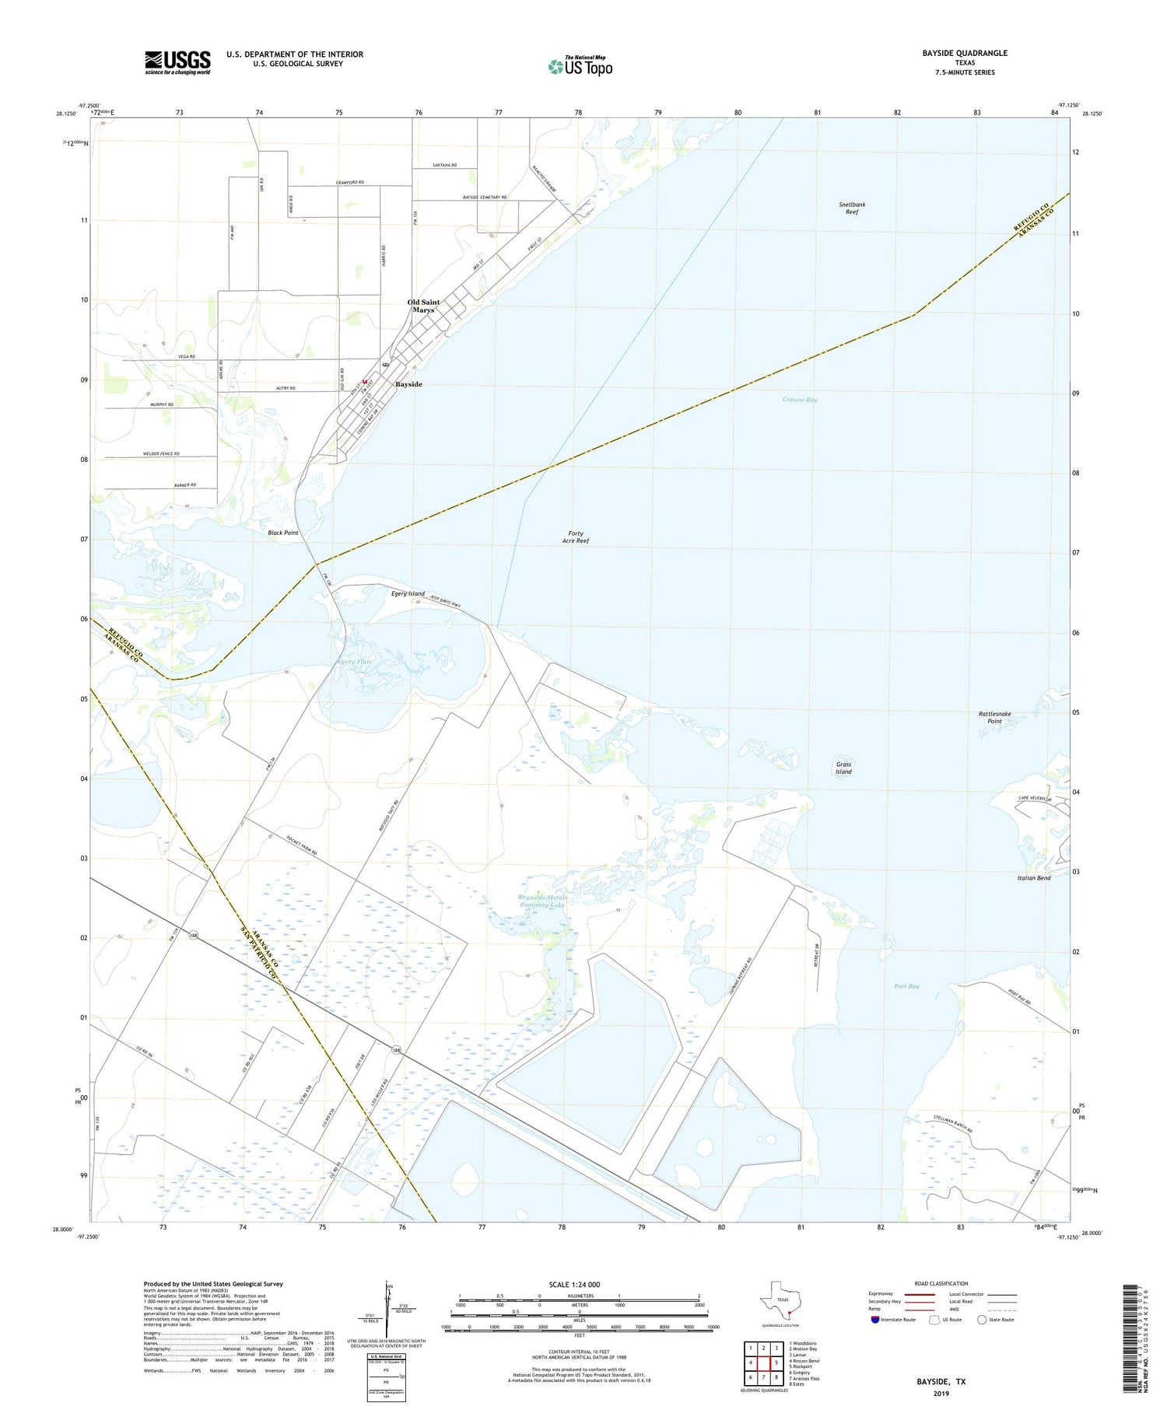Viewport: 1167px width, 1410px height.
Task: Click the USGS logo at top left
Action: click(x=177, y=62)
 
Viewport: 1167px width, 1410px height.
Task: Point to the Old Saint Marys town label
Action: click(x=423, y=306)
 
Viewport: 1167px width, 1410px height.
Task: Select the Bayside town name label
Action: click(x=408, y=384)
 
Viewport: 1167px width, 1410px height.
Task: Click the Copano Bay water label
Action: click(x=800, y=400)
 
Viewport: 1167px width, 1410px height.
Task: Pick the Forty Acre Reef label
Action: click(x=576, y=537)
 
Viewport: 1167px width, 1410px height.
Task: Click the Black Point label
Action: click(x=283, y=533)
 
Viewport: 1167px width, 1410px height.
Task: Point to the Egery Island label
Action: click(x=408, y=593)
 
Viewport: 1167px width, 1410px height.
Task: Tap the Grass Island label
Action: click(x=843, y=768)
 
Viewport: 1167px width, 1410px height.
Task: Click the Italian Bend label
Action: click(x=1033, y=878)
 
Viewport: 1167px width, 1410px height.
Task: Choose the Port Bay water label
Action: click(x=906, y=986)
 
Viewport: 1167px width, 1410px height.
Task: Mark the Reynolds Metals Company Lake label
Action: click(x=541, y=901)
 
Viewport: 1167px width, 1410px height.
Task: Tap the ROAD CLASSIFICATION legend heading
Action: click(x=941, y=1283)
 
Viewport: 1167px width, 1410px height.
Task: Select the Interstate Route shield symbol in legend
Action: click(x=875, y=1319)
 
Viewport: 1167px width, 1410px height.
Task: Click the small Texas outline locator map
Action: click(x=779, y=1300)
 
